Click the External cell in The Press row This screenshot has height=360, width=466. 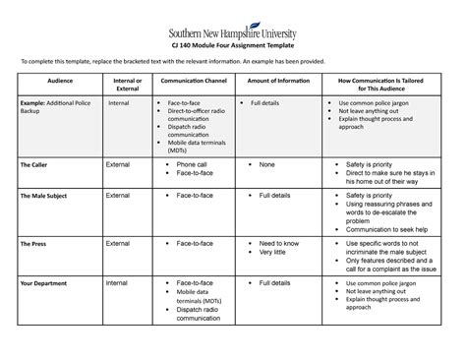pyautogui.click(x=118, y=242)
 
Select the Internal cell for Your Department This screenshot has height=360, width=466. pyautogui.click(x=117, y=283)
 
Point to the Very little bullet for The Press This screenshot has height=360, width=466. pyautogui.click(x=273, y=253)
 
